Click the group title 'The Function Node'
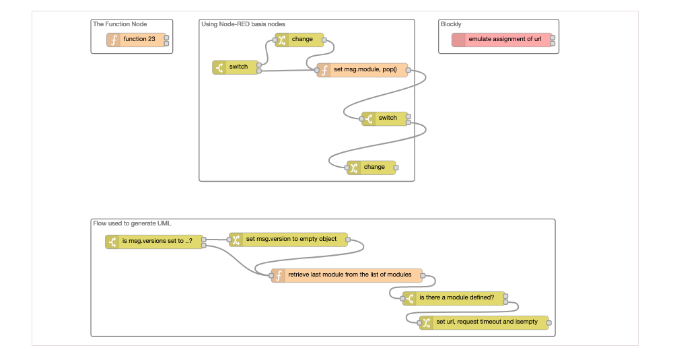pyautogui.click(x=120, y=24)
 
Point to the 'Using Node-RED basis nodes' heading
pyautogui.click(x=243, y=24)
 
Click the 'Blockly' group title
pyautogui.click(x=451, y=24)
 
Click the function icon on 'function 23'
pyautogui.click(x=114, y=40)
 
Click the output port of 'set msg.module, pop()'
pyautogui.click(x=408, y=70)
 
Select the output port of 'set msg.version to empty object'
pyautogui.click(x=348, y=240)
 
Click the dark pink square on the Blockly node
pyautogui.click(x=458, y=40)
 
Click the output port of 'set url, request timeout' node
pyautogui.click(x=548, y=323)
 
